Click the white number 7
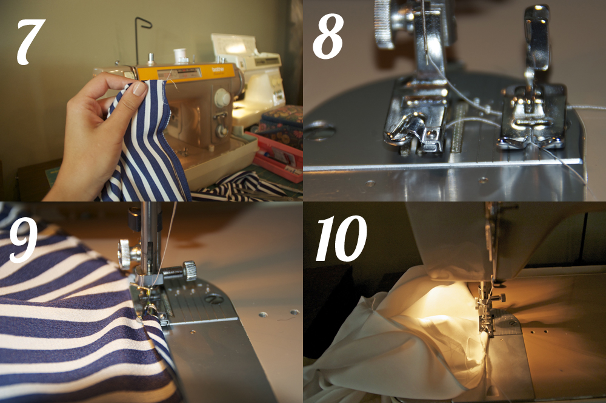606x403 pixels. pos(30,42)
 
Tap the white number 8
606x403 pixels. pos(328,38)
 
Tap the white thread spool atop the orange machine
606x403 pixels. pos(180,56)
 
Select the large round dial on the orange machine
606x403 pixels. pos(222,97)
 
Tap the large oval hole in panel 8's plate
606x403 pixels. pos(319,131)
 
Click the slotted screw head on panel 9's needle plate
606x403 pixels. pos(215,299)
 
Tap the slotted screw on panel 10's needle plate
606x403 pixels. pos(513,322)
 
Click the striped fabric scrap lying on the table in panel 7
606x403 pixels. pos(239,187)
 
